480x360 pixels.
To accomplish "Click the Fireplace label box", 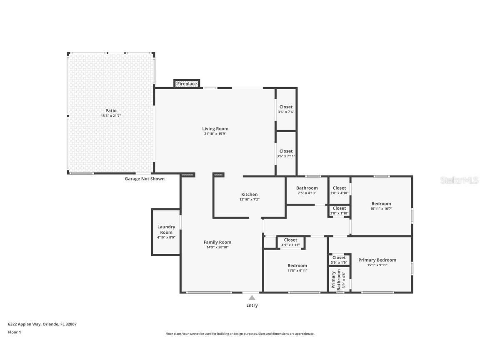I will (x=187, y=84).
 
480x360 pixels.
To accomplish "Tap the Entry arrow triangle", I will (x=252, y=297).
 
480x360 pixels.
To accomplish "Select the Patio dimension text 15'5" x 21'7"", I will (x=111, y=116).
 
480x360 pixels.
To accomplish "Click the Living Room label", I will (x=215, y=129).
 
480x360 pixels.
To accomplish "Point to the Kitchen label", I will (x=249, y=195).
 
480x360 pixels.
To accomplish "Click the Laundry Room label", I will (x=166, y=230).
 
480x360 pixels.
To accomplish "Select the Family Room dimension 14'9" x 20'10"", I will (x=217, y=247).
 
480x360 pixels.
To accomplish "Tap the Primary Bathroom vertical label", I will (x=336, y=280).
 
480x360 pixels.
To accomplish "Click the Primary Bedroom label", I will (x=377, y=260).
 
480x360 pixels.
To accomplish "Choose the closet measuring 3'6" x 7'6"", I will (x=286, y=109).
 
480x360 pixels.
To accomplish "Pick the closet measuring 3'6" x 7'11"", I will (x=286, y=153).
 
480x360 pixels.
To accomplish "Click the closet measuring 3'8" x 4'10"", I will (x=339, y=190).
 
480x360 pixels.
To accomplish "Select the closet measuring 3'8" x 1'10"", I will (x=339, y=210).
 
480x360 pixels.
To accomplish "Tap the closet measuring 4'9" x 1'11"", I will (x=290, y=242).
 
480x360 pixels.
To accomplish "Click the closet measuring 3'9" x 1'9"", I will (x=339, y=260).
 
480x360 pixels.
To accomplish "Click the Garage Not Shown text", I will (x=145, y=179).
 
